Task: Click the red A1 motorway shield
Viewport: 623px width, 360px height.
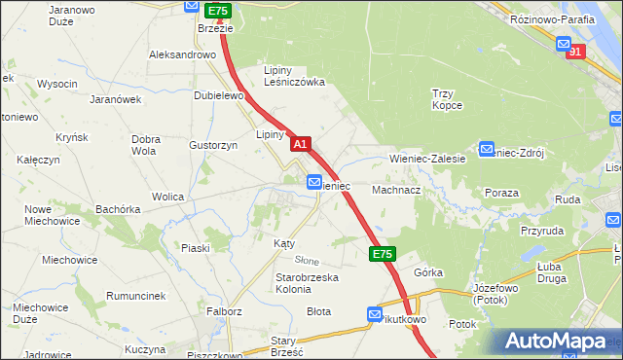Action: [301, 143]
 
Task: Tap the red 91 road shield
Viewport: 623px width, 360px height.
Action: [575, 52]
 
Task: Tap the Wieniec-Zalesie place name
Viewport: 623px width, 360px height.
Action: [427, 157]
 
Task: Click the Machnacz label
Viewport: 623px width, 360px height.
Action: [395, 190]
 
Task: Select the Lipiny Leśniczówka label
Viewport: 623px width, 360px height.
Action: [295, 76]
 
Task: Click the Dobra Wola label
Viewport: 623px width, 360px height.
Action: [144, 145]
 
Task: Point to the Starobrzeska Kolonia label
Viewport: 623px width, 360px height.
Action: [306, 283]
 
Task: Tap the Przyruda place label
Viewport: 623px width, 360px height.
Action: [542, 231]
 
